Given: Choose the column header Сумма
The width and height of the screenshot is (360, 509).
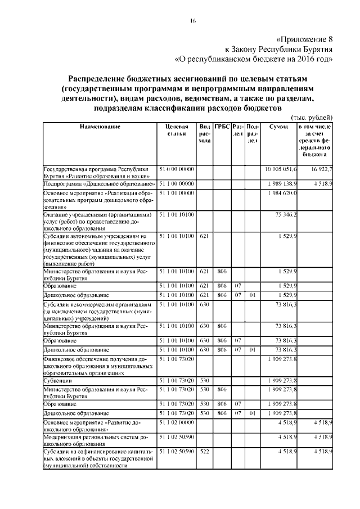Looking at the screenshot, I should [x=278, y=127].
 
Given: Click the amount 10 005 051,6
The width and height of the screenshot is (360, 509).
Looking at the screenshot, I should [x=281, y=169].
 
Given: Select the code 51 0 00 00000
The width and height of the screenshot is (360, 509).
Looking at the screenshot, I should [x=177, y=169].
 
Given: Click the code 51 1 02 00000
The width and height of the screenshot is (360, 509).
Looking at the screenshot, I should [x=177, y=422].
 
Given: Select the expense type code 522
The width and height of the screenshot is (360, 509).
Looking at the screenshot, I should [x=204, y=452].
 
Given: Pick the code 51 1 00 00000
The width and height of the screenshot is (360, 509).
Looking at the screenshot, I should [x=177, y=183].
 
